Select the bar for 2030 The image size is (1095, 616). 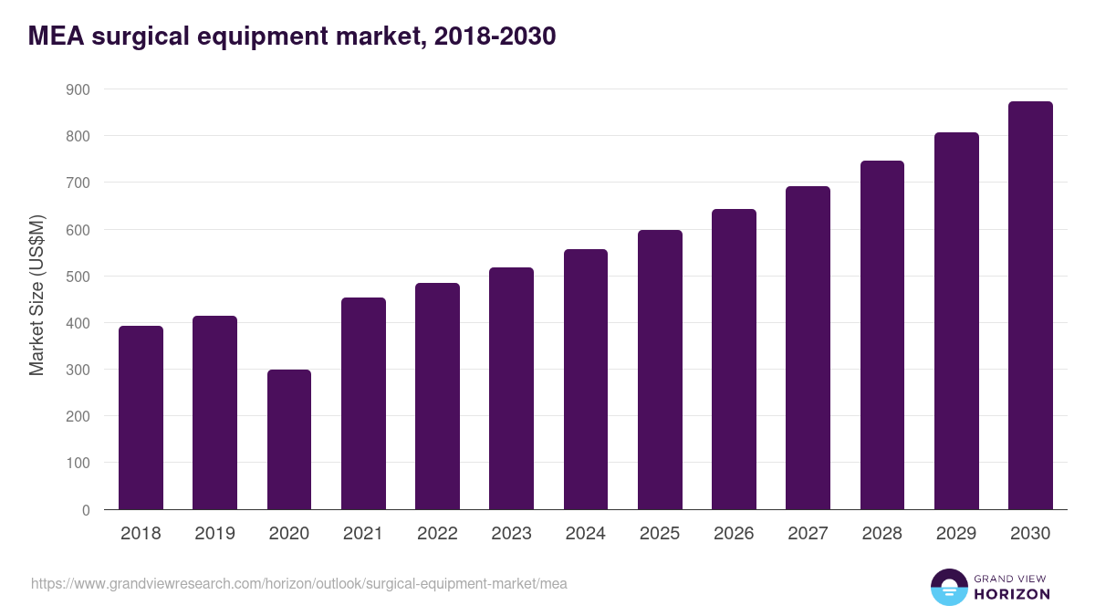click(x=1030, y=305)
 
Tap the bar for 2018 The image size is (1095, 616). click(x=141, y=417)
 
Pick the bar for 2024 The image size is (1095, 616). click(x=586, y=379)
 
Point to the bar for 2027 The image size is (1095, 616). click(x=808, y=348)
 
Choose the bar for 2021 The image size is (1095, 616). click(x=363, y=403)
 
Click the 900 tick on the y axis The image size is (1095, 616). click(x=78, y=89)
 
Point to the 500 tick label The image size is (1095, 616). click(x=78, y=277)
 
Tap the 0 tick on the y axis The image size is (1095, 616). click(x=86, y=510)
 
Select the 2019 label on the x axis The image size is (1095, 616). click(x=214, y=534)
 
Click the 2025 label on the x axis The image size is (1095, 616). click(x=660, y=534)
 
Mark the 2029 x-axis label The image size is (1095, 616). click(x=956, y=534)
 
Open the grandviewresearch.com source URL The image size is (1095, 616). click(x=299, y=583)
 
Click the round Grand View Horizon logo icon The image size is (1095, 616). click(x=948, y=587)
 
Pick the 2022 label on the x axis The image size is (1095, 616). click(x=437, y=534)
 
